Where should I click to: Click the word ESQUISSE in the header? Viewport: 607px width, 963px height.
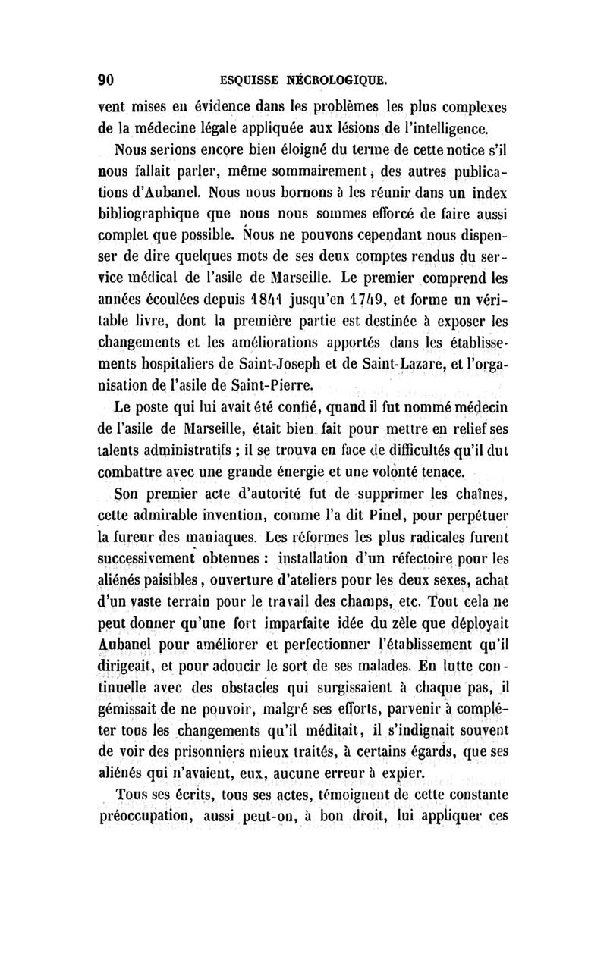[241, 80]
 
